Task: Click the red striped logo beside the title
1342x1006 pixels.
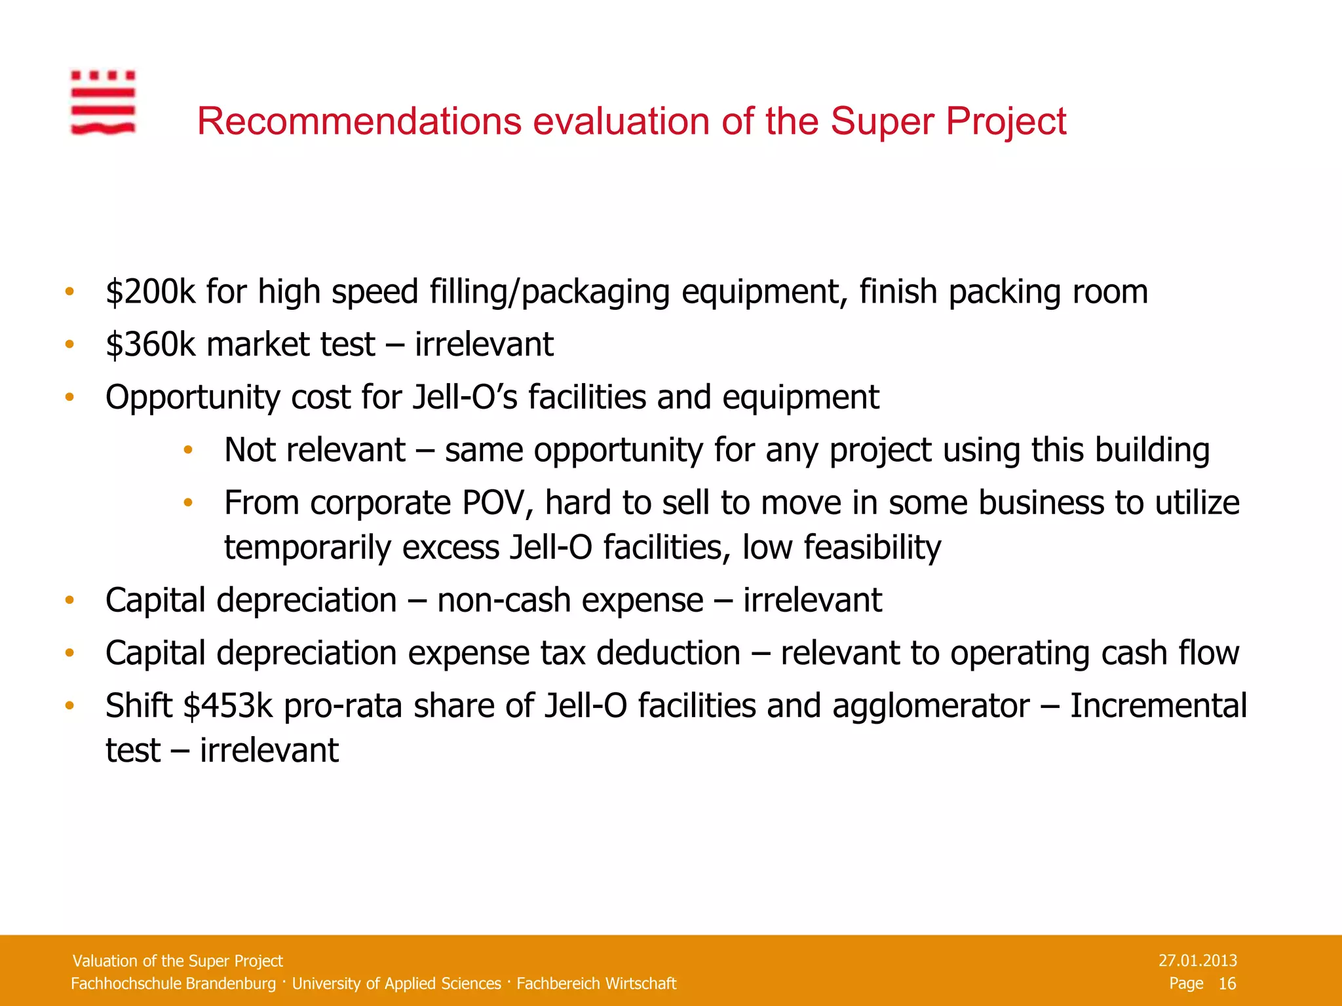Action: point(103,102)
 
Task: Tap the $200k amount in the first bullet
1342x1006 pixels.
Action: point(150,292)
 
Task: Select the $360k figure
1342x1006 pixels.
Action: point(150,345)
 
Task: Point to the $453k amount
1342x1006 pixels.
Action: point(227,706)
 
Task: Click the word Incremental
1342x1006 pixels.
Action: point(1158,706)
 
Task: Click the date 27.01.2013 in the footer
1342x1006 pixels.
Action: point(1197,961)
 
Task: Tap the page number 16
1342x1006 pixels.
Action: point(1227,983)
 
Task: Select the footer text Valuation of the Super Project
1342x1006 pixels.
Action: point(178,961)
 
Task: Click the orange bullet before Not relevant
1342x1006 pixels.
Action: point(188,450)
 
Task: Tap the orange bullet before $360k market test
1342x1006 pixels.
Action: point(69,345)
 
